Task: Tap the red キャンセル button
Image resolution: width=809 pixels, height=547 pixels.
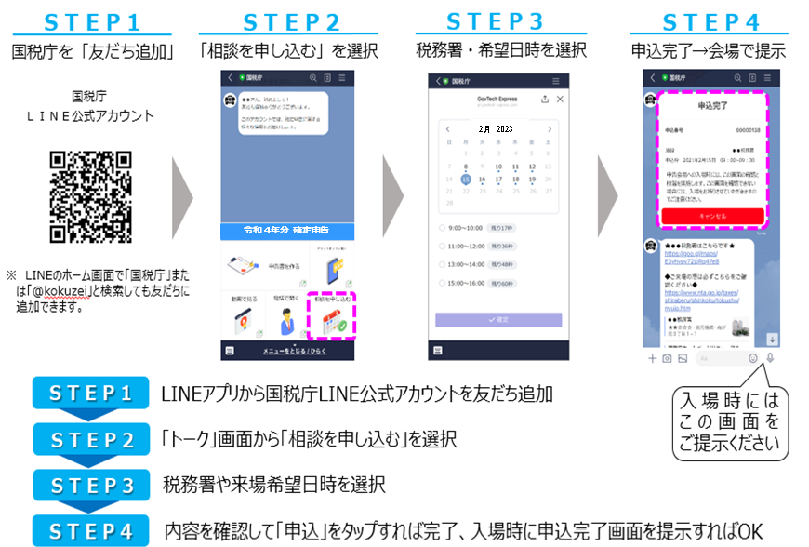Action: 713,216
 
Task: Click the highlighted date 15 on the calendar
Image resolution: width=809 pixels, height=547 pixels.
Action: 465,180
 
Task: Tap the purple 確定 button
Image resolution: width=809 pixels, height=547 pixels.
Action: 498,319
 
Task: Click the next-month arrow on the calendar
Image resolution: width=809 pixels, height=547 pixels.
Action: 550,129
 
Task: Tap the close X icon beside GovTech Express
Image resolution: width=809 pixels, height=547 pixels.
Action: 560,99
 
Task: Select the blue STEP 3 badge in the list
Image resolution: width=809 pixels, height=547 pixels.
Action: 90,485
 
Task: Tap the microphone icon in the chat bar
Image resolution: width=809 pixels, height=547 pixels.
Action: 770,357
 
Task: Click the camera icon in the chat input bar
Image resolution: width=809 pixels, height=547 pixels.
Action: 667,358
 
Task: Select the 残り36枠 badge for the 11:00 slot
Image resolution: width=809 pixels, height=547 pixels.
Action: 503,246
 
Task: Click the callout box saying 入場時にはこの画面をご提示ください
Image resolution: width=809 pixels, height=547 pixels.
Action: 730,420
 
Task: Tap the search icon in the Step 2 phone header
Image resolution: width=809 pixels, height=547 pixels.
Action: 314,78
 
